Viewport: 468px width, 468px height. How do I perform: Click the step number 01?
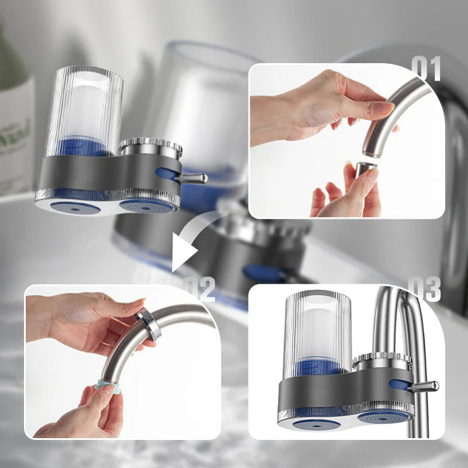click(426, 69)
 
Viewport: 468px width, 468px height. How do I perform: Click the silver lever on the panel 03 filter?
click(425, 386)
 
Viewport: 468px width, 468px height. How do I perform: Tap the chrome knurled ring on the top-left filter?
click(151, 146)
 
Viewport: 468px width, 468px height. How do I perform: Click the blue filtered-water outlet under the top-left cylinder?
click(74, 207)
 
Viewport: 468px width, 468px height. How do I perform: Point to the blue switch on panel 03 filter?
click(399, 385)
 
